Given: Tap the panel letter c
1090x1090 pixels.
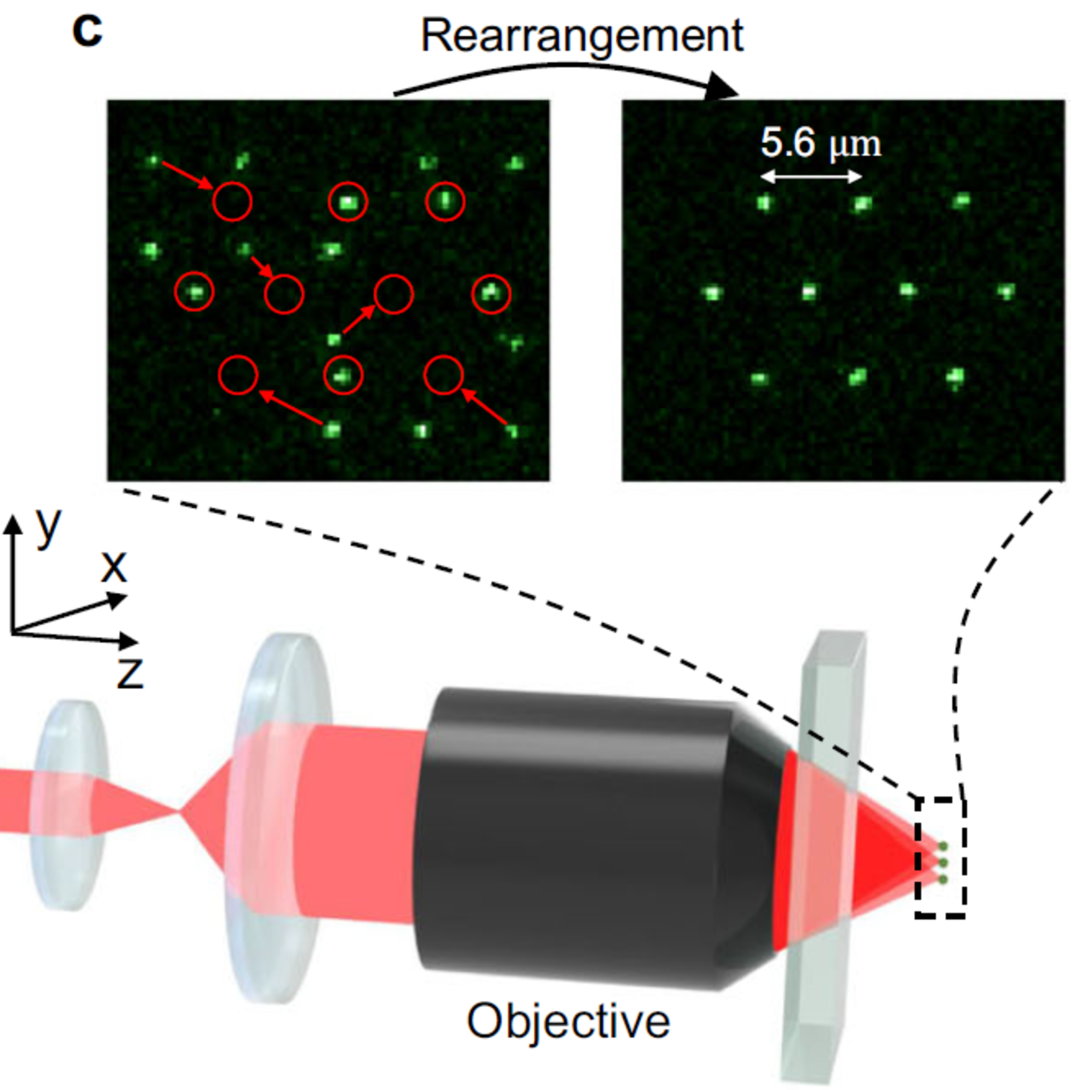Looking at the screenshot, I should tap(88, 31).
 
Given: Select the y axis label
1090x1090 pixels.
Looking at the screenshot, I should tap(48, 526).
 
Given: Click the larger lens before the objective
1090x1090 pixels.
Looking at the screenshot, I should tap(279, 812).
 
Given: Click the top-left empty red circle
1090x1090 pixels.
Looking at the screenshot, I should tap(232, 201).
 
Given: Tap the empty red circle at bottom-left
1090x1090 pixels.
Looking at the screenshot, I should tap(238, 375).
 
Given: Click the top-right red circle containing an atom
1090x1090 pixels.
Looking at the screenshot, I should tap(445, 201).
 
